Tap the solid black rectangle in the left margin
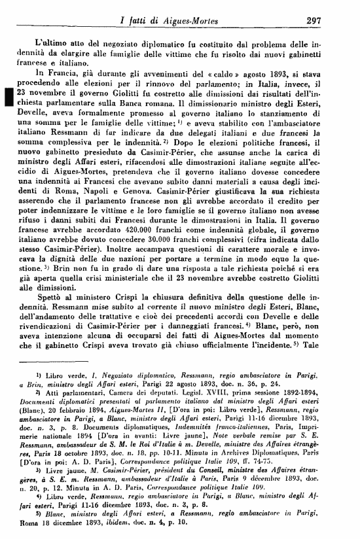[x=8, y=97]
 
